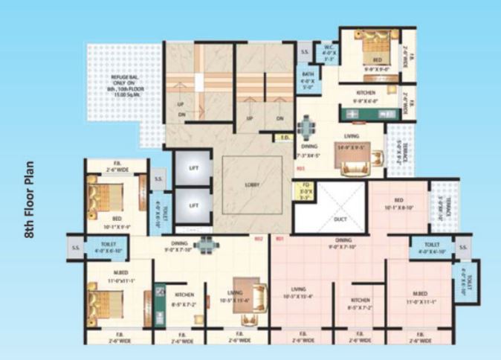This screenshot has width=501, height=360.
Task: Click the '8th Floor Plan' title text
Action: coord(30,197)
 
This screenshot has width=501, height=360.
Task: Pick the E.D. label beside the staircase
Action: coord(284,138)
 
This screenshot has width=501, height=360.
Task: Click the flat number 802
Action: coord(259,240)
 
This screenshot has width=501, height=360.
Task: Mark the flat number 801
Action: coord(280,240)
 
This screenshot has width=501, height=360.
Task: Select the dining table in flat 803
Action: coord(306,127)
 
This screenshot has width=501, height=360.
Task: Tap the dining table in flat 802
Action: coord(206,242)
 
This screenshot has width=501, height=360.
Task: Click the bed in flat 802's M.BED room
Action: coord(105,303)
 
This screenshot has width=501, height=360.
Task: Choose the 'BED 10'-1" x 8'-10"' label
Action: coord(398,205)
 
